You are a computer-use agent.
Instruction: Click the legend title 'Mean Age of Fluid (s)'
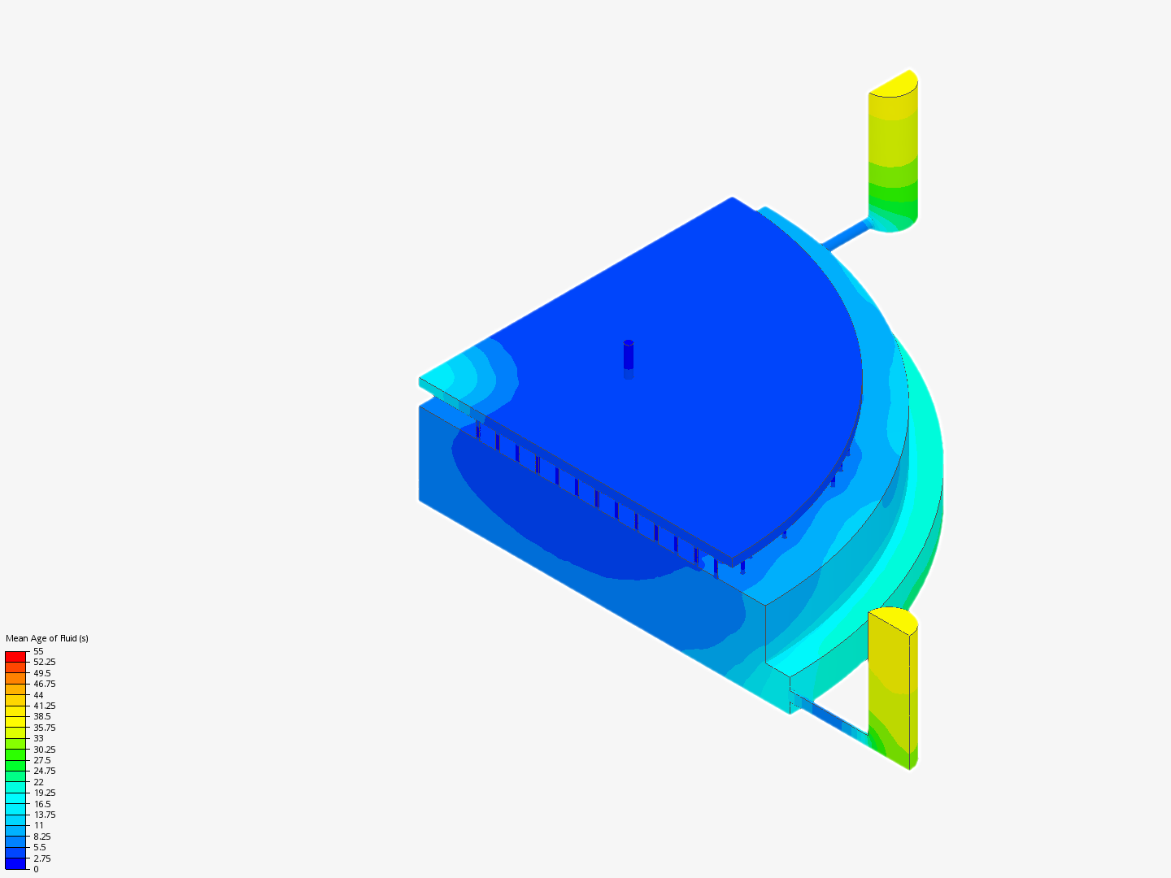pos(47,638)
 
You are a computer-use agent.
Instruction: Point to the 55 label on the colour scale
pos(38,651)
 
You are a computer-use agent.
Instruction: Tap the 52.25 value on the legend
pos(44,662)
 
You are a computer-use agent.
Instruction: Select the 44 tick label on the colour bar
pos(38,694)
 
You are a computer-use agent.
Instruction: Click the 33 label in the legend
pos(38,738)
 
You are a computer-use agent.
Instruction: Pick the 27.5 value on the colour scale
pos(42,760)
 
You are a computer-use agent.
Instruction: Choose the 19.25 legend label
pos(44,793)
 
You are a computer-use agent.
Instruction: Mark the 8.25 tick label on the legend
pos(42,837)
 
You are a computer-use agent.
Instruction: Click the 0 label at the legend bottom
pos(36,869)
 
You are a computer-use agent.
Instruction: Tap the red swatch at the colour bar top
pos(15,656)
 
